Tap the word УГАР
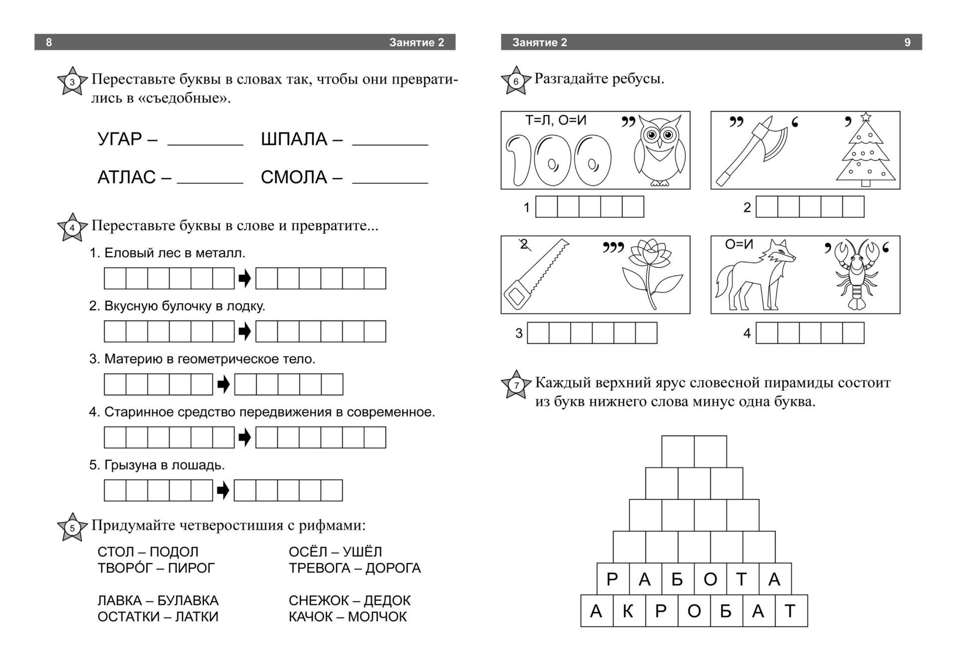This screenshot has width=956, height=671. click(x=120, y=139)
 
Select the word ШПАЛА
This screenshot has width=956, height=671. click(x=294, y=139)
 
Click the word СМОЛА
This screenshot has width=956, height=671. click(x=294, y=177)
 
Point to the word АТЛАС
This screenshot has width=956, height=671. click(x=126, y=177)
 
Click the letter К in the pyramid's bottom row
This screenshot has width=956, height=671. click(x=628, y=611)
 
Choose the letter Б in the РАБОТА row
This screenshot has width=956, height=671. click(x=677, y=579)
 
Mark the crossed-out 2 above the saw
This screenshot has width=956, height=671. click(x=523, y=244)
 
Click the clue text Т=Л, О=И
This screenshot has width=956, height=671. click(x=555, y=120)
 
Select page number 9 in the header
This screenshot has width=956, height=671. click(x=907, y=42)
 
